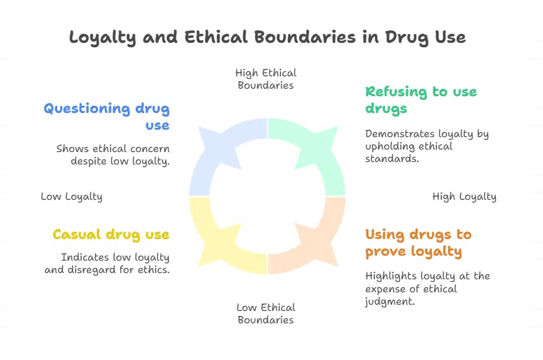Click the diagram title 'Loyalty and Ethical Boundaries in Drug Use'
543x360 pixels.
(x=267, y=37)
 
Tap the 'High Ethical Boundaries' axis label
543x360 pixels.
(x=266, y=79)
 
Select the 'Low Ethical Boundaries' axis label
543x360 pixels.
(x=266, y=313)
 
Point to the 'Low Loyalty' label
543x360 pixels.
(x=72, y=197)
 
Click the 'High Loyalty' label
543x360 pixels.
(x=464, y=197)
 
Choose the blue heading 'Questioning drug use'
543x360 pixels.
(x=107, y=117)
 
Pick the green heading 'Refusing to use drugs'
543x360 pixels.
(x=421, y=100)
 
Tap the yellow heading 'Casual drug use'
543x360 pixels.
(x=111, y=235)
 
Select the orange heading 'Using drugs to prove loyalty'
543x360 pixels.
(x=418, y=243)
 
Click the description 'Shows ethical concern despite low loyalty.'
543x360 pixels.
(x=113, y=155)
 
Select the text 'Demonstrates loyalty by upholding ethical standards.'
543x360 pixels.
(x=427, y=146)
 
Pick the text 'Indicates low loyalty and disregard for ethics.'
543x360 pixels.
(x=107, y=263)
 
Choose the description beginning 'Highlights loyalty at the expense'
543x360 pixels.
(x=428, y=289)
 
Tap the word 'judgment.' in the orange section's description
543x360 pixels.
(x=390, y=302)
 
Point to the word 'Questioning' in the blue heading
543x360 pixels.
(x=87, y=109)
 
